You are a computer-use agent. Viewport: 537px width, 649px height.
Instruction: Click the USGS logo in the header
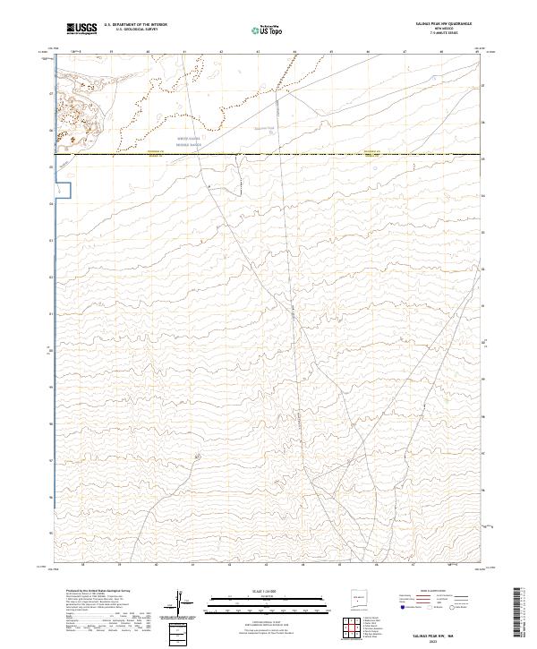tap(80, 29)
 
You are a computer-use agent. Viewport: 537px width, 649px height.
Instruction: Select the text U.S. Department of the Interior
tap(135, 25)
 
